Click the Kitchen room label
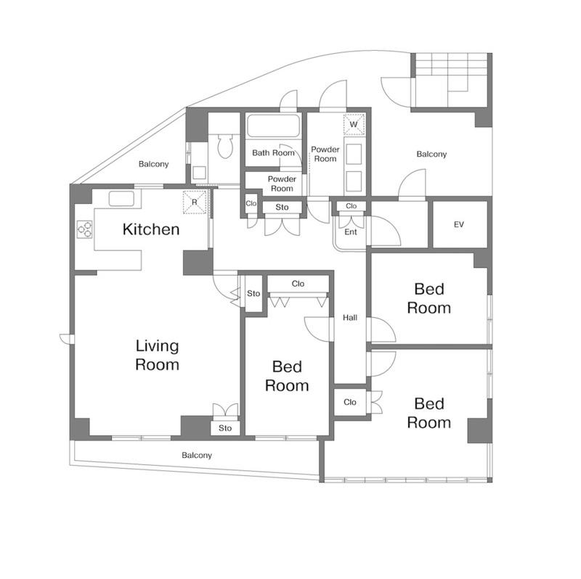pos(151,229)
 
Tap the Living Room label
pos(157,356)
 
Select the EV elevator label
pos(459,224)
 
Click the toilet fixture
pos(225,147)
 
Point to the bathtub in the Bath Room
pos(274,126)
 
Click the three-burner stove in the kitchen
pos(84,229)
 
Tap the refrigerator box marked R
pos(195,202)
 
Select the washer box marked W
pos(354,124)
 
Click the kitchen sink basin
pos(121,199)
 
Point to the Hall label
pos(350,318)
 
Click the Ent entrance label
pos(351,232)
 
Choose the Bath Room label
pos(273,153)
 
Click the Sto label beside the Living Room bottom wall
pos(225,428)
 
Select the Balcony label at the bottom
pos(197,456)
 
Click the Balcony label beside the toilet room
pos(153,164)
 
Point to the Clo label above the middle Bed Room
pos(298,284)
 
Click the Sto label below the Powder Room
pos(282,208)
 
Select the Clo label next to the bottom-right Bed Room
pos(350,402)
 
